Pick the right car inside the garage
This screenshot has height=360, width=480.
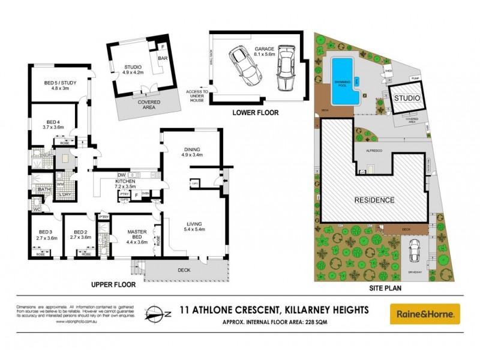pos(284,68)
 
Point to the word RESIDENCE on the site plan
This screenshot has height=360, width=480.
pos(374,200)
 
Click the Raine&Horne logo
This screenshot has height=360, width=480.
pos(424,314)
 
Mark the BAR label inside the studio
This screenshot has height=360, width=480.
pos(163,58)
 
